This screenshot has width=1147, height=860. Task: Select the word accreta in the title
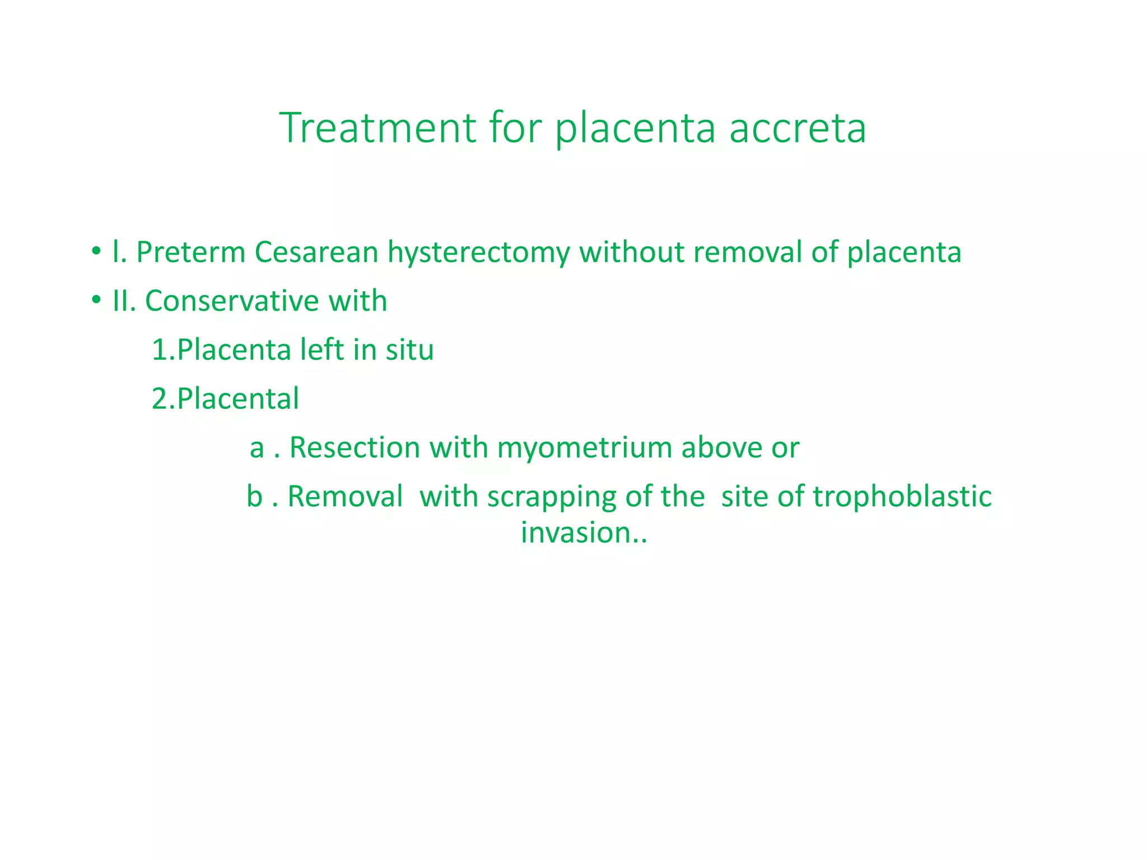click(798, 129)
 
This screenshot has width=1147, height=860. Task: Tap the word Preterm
click(190, 252)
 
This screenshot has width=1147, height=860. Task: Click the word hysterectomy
click(478, 253)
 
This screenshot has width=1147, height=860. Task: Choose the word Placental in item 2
click(237, 399)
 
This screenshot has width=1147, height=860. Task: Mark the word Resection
click(355, 447)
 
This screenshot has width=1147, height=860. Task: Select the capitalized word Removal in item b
click(345, 496)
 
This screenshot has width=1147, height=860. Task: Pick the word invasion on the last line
click(576, 532)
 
